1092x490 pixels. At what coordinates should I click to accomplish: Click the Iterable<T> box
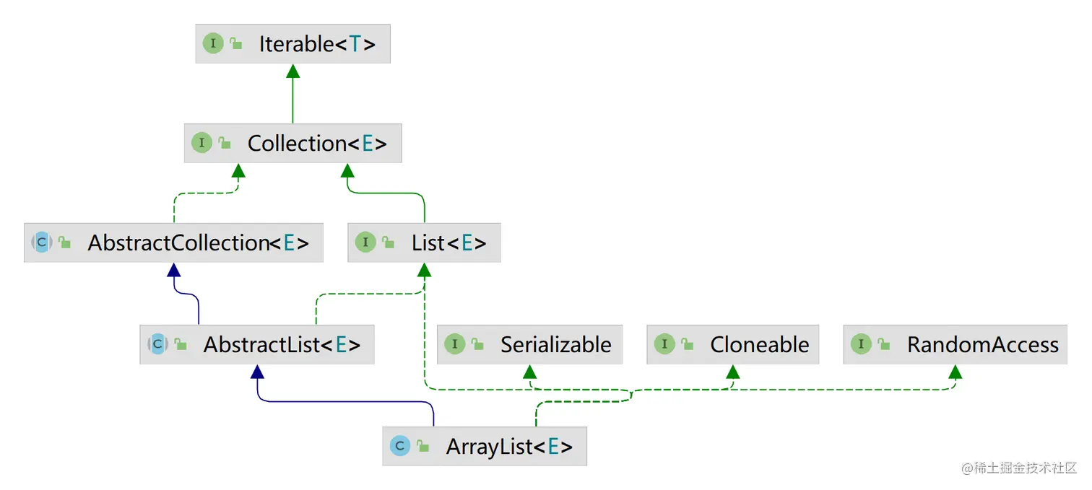[x=292, y=44]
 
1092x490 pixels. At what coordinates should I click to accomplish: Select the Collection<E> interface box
[x=292, y=143]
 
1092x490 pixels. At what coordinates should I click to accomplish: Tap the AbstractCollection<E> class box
[x=173, y=242]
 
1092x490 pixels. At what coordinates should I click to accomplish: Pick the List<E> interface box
[x=424, y=242]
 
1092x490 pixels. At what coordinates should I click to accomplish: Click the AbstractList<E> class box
[x=257, y=344]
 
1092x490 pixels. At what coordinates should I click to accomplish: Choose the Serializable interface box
[x=529, y=344]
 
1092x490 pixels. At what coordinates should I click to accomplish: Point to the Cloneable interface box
[x=732, y=344]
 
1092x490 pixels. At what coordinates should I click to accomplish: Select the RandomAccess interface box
[x=955, y=344]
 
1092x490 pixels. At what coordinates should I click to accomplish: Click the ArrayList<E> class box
[x=485, y=446]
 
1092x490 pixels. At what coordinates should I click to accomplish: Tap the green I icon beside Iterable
[x=213, y=43]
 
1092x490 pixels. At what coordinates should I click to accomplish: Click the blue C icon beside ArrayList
[x=399, y=446]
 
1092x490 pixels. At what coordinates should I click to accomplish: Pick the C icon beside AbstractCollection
[x=41, y=242]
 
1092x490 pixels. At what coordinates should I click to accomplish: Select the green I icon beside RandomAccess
[x=861, y=344]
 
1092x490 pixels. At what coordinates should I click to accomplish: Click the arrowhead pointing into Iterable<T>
[x=292, y=71]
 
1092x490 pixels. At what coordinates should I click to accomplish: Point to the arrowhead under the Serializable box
[x=529, y=372]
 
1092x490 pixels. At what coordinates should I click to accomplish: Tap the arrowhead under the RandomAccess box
[x=955, y=372]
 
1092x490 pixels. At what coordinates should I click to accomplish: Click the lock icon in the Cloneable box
[x=687, y=345]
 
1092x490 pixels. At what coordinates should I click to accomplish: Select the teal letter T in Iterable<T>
[x=355, y=44]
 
